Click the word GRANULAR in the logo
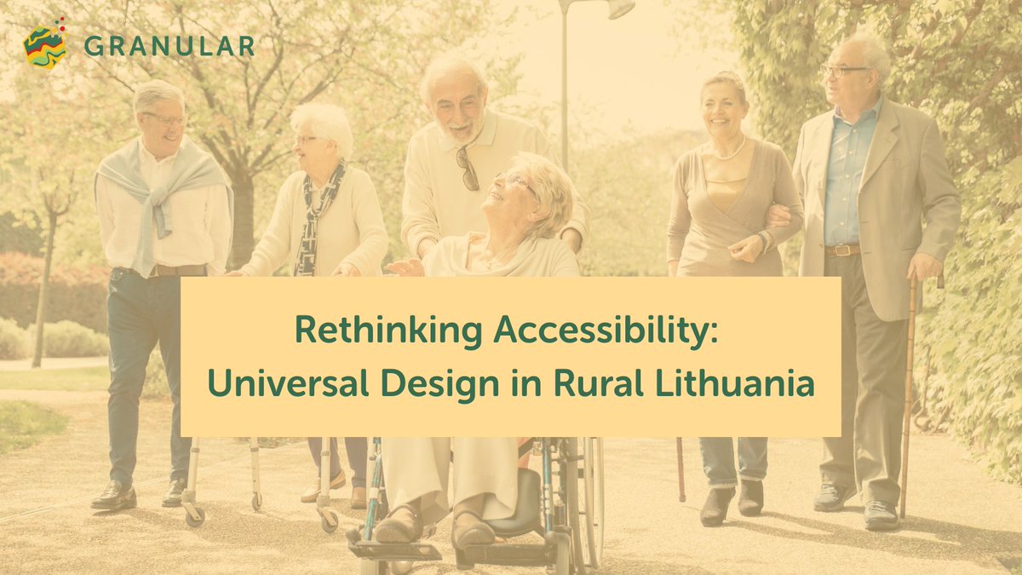(x=169, y=46)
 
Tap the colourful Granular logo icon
(x=45, y=44)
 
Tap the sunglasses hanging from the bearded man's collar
(x=468, y=168)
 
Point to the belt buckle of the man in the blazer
(x=843, y=250)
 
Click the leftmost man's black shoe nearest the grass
(x=113, y=497)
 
